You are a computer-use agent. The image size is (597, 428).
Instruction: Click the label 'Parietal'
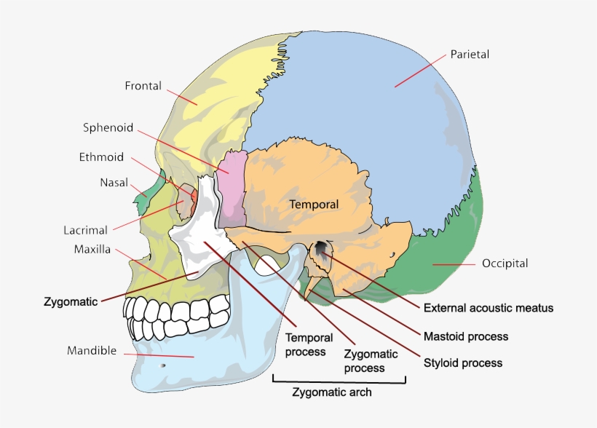pyautogui.click(x=469, y=54)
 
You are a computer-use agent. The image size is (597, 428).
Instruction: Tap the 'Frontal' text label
pyautogui.click(x=143, y=85)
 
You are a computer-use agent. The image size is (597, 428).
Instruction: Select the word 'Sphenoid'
pyautogui.click(x=108, y=128)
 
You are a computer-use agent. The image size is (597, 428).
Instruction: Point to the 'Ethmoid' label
pyautogui.click(x=101, y=156)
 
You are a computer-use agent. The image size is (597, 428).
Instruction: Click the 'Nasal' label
pyautogui.click(x=114, y=183)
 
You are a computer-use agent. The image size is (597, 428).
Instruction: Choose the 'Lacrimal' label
pyautogui.click(x=85, y=230)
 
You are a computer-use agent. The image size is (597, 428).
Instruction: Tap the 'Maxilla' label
pyautogui.click(x=92, y=249)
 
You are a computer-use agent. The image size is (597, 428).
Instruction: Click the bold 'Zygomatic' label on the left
pyautogui.click(x=71, y=301)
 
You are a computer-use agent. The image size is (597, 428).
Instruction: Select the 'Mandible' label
pyautogui.click(x=92, y=351)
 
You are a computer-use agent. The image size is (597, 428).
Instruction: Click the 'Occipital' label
pyautogui.click(x=505, y=263)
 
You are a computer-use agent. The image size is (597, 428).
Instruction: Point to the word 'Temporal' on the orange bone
pyautogui.click(x=315, y=205)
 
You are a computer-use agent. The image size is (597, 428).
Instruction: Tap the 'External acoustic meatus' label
pyautogui.click(x=488, y=308)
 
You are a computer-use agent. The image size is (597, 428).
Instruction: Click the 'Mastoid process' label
pyautogui.click(x=466, y=336)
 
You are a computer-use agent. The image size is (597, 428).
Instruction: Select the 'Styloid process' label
pyautogui.click(x=463, y=362)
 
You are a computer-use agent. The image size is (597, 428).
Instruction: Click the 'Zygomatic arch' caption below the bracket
pyautogui.click(x=332, y=392)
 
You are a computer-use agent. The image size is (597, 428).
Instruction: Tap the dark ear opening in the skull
pyautogui.click(x=320, y=252)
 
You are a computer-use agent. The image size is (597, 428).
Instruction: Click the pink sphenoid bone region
pyautogui.click(x=233, y=186)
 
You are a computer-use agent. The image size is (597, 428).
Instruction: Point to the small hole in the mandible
pyautogui.click(x=163, y=365)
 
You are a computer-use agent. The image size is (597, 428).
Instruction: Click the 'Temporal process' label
pyautogui.click(x=309, y=344)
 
